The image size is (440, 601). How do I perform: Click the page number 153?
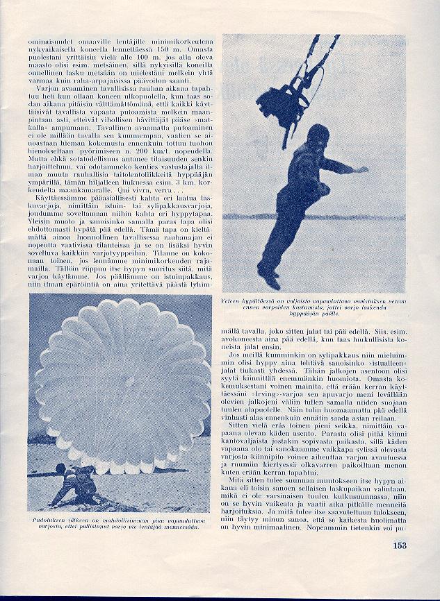point(398,545)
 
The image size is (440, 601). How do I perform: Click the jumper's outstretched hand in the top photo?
point(362,169)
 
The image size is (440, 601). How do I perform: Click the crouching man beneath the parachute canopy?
point(76,482)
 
